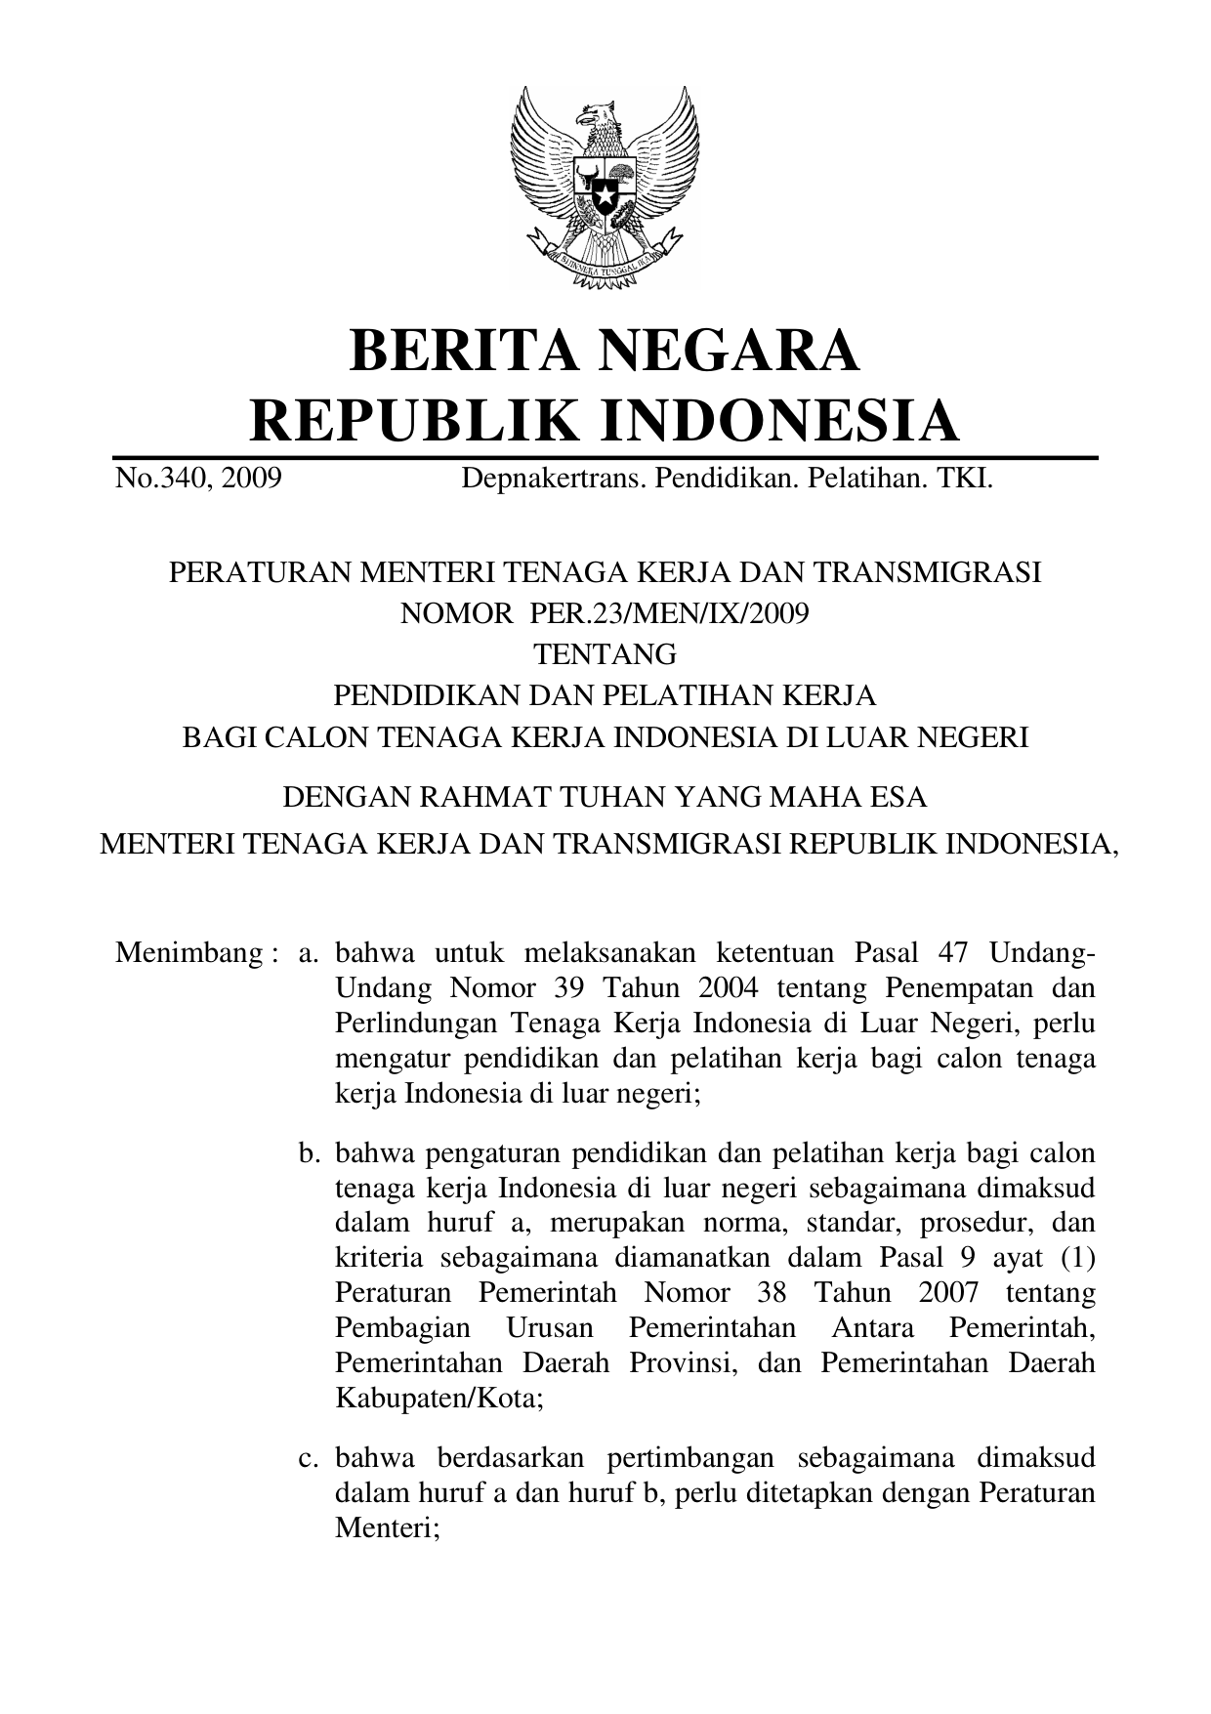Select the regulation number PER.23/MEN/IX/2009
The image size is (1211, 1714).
pos(670,613)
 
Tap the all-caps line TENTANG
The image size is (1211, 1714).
pos(605,654)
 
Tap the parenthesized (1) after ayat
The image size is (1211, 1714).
pos(1077,1258)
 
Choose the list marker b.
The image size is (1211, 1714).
pos(311,1153)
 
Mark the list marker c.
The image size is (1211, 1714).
pos(311,1459)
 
